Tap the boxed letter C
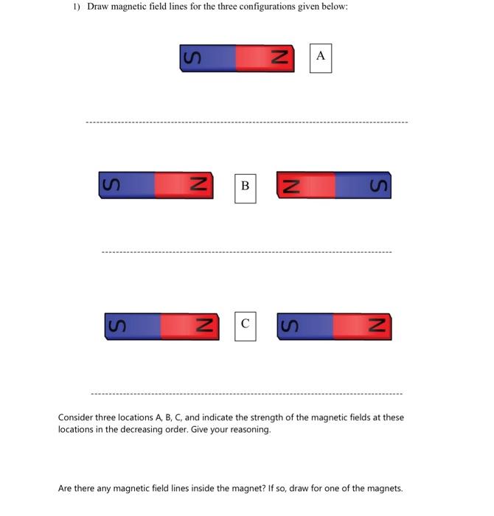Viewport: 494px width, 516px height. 245,324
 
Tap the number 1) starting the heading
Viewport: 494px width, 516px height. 77,7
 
